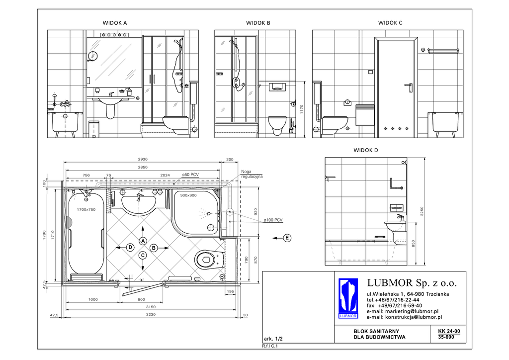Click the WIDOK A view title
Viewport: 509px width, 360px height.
(x=115, y=23)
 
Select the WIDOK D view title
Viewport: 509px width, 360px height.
(x=365, y=150)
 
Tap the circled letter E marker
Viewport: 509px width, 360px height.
(x=287, y=238)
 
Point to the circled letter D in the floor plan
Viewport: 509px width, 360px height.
(x=130, y=247)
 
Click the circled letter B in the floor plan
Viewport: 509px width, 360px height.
(x=154, y=248)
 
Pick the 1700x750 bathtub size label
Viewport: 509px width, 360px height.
(x=86, y=210)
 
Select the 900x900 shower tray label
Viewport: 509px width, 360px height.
(x=188, y=195)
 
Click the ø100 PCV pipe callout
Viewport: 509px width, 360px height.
(x=273, y=220)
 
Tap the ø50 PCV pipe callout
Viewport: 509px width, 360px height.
(x=190, y=175)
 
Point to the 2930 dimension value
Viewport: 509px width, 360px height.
(x=143, y=160)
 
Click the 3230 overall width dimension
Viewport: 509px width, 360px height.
(x=151, y=315)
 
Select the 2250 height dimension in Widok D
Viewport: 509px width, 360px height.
(x=422, y=211)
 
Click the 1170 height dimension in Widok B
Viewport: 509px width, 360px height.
(x=302, y=109)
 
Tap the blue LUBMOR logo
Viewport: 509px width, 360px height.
(x=348, y=298)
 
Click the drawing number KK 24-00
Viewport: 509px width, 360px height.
(x=449, y=332)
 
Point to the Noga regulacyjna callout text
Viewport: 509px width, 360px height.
(x=252, y=175)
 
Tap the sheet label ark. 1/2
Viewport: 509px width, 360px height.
(x=273, y=339)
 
